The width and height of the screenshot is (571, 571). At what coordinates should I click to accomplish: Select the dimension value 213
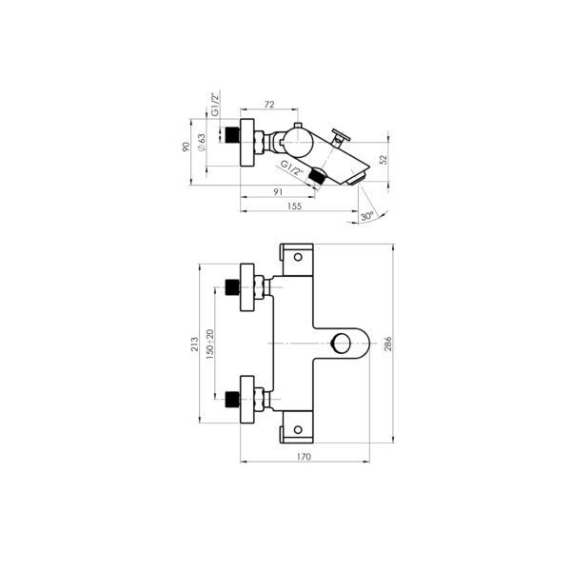point(194,344)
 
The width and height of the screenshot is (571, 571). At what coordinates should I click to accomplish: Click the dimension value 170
point(305,458)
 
